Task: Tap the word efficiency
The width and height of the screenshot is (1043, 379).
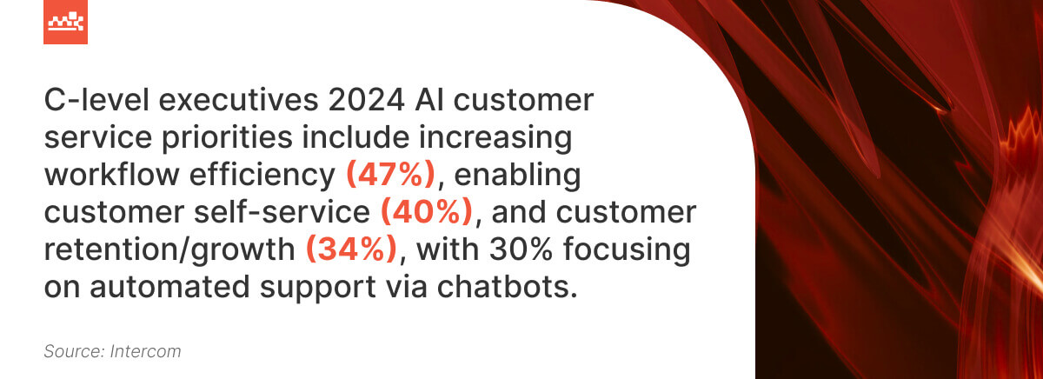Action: coord(269,176)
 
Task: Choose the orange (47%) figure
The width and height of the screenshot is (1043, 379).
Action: coord(390,176)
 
